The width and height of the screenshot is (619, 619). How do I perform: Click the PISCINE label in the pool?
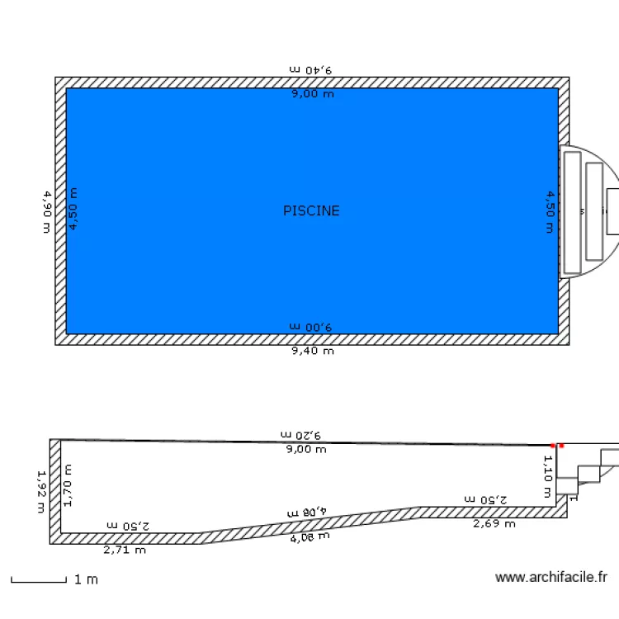point(311,210)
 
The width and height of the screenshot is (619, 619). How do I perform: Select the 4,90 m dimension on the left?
point(46,211)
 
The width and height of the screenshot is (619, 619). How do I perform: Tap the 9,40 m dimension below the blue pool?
point(312,351)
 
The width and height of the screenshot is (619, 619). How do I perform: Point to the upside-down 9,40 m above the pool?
point(311,70)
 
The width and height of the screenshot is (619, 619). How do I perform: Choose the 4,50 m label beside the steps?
point(550,211)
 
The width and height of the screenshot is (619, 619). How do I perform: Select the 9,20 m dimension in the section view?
point(300,434)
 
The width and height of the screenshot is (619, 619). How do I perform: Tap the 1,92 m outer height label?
point(41,491)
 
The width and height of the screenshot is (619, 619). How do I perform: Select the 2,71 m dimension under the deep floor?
point(125,549)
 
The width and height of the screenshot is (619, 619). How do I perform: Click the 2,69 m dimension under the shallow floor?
point(494,523)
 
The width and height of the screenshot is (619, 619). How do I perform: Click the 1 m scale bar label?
point(86,580)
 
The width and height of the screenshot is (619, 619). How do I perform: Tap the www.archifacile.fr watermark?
point(551,578)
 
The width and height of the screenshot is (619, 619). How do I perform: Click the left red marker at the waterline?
point(553,446)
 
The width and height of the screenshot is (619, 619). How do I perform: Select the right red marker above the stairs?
point(561,446)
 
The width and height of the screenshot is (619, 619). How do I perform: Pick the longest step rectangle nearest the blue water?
point(573,212)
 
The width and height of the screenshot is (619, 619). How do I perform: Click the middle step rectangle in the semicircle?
point(594,210)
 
